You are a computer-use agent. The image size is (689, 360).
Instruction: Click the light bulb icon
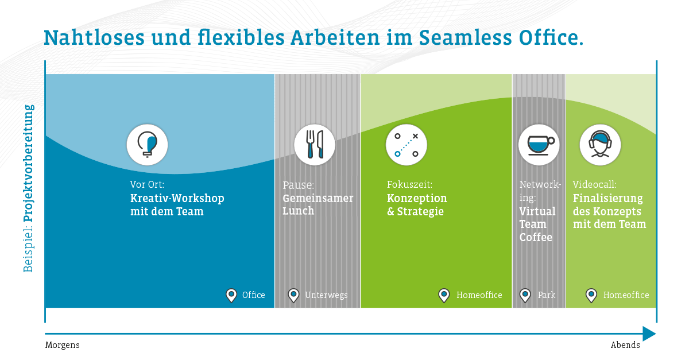point(147,145)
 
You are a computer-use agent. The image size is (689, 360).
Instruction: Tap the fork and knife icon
point(315,145)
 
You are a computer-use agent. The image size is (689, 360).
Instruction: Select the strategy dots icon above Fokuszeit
point(407,145)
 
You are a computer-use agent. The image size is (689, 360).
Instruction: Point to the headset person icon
point(600,144)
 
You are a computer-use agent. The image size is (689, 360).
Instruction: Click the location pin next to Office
point(231,295)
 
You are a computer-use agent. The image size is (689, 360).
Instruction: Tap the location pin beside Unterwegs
point(293,295)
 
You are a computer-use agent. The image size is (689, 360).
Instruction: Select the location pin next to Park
point(525,295)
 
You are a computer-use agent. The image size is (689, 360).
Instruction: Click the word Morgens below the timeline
point(62,345)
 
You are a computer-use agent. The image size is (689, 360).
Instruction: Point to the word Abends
point(625,345)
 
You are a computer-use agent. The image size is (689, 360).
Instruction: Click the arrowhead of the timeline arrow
point(649,334)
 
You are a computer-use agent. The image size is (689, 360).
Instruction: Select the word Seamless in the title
point(465,38)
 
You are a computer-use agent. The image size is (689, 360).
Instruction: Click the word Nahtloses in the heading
point(94,38)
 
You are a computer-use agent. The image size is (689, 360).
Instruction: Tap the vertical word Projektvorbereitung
point(29,163)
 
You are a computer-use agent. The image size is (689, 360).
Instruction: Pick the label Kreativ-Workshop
point(177,199)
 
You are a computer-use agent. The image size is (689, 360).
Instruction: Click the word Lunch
point(299,211)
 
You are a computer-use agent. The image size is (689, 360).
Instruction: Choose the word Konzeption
point(417,199)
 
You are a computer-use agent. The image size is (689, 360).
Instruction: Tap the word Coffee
point(536,237)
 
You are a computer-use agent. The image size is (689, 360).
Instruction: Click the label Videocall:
point(595,184)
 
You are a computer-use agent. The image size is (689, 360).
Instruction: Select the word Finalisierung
point(608,199)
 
